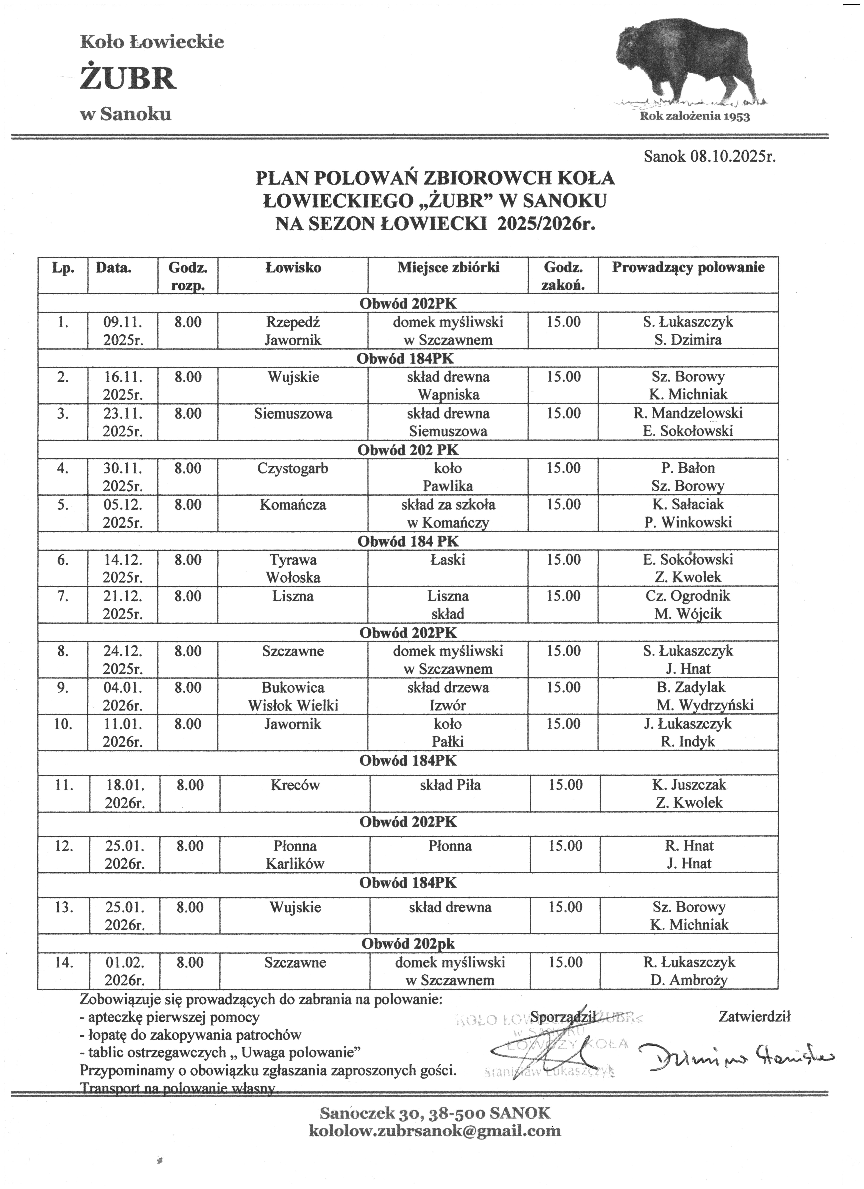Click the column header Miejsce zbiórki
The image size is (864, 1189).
pyautogui.click(x=448, y=268)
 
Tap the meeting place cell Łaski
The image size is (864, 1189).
pyautogui.click(x=448, y=560)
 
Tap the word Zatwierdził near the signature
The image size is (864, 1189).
pyautogui.click(x=755, y=1016)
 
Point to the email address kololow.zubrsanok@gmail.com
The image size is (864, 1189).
pyautogui.click(x=435, y=1131)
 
